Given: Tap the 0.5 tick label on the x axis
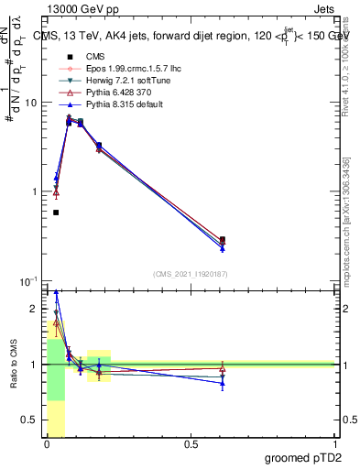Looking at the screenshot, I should (x=191, y=444).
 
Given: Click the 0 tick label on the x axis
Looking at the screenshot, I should (x=46, y=444).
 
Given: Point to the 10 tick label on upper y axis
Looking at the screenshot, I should (x=32, y=103).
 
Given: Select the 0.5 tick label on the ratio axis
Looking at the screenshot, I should (x=31, y=420).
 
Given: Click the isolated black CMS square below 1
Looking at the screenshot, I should (x=56, y=213).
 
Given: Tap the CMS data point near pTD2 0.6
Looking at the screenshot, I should (x=223, y=239).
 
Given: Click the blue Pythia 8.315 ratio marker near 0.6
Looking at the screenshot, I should (x=223, y=383).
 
